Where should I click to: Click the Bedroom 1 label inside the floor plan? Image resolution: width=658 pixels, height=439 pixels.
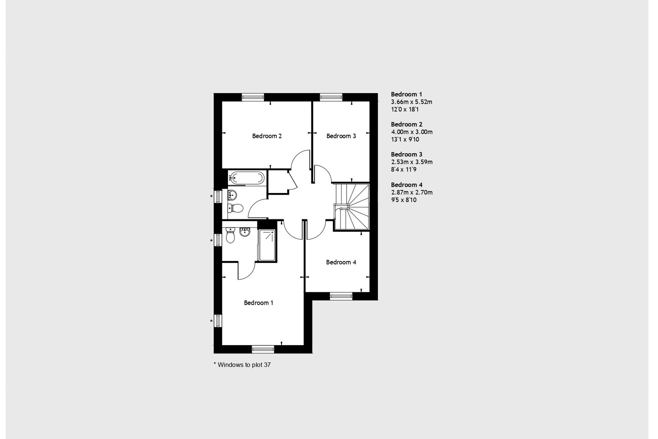tap(258, 303)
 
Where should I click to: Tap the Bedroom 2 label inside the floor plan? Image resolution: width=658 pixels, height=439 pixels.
tap(267, 136)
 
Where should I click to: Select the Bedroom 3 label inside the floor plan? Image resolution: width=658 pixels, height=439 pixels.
tap(341, 136)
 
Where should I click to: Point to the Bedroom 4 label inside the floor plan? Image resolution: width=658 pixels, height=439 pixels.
tap(341, 262)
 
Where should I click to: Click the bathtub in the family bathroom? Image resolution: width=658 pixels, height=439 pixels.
tap(246, 178)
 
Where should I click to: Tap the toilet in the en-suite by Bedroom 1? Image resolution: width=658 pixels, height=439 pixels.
tap(230, 235)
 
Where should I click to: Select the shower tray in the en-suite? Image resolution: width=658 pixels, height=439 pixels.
tap(267, 245)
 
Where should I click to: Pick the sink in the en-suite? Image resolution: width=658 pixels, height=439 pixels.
tap(245, 232)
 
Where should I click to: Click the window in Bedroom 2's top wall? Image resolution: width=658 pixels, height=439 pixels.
tap(253, 97)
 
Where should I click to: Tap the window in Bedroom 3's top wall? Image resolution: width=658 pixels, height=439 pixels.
tap(331, 97)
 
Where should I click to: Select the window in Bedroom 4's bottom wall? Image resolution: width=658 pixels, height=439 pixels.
tap(341, 296)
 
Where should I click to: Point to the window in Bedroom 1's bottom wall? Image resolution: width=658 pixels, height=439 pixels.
tap(263, 349)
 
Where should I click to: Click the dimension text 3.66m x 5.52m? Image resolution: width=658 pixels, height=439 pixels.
tap(411, 102)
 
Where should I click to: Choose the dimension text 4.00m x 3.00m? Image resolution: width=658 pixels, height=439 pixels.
tap(412, 132)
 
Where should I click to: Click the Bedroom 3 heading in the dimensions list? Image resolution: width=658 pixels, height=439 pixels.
tap(407, 154)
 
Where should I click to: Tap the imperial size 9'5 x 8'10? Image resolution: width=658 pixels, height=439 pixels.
tap(404, 200)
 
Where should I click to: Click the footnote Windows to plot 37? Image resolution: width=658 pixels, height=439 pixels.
tap(242, 365)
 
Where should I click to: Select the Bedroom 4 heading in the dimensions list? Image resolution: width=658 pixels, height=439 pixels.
tap(407, 185)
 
